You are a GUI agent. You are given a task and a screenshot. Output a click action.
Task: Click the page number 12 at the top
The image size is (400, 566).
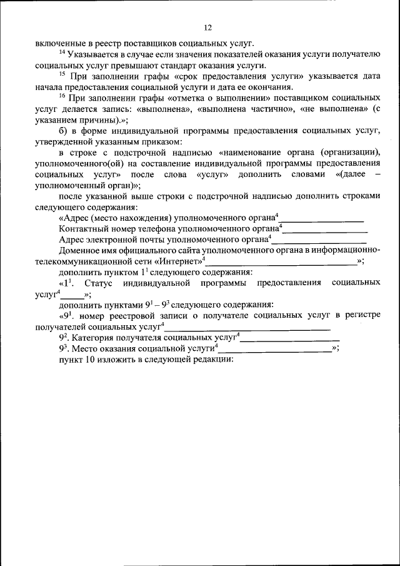tap(208, 28)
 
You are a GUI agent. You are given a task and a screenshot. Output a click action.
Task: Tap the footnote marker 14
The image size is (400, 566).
tap(62, 51)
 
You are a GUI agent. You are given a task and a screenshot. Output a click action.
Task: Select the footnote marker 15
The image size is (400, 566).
tap(62, 73)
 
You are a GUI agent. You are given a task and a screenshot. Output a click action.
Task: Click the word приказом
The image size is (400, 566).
tap(156, 141)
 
